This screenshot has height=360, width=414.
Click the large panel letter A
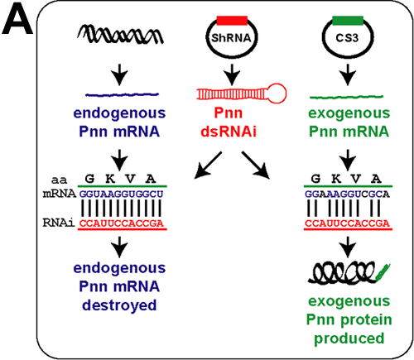click(x=17, y=20)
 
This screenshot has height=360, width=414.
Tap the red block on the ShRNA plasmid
click(x=232, y=21)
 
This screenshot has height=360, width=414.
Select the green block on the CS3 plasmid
click(x=348, y=21)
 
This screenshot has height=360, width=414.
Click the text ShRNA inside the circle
click(x=231, y=38)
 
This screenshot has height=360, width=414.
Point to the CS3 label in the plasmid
click(x=347, y=38)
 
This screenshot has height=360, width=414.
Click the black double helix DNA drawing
click(x=120, y=35)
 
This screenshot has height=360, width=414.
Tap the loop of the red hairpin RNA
click(x=277, y=94)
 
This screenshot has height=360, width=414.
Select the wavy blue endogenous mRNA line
click(x=122, y=94)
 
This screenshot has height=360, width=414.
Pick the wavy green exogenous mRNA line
click(x=346, y=97)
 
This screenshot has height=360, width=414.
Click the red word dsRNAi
click(x=229, y=132)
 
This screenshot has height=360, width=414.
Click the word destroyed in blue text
click(x=119, y=305)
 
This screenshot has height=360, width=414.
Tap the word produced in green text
click(x=349, y=338)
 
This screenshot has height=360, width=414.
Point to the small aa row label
click(x=59, y=180)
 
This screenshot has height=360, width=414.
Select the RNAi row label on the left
click(x=59, y=223)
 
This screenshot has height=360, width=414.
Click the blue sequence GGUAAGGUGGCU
click(x=122, y=194)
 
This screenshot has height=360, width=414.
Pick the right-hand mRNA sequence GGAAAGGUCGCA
click(x=347, y=194)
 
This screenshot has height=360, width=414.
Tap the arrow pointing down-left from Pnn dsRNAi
click(x=208, y=166)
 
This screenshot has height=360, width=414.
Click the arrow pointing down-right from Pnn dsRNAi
click(x=256, y=166)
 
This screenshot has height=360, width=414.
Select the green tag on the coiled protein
click(x=383, y=271)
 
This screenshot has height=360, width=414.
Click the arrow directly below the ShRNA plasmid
click(x=232, y=74)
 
